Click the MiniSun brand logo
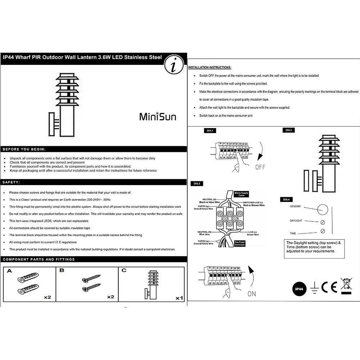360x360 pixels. point(158,116)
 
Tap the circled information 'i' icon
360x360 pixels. point(174,66)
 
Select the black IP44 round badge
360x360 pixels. point(299,289)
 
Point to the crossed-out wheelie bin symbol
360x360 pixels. point(346,285)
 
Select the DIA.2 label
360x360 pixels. point(288,130)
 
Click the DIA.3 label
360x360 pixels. point(197,184)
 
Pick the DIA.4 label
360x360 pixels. point(286,199)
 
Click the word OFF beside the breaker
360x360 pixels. point(260,167)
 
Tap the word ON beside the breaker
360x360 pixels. point(252,294)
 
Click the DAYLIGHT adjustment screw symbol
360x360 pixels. point(323,222)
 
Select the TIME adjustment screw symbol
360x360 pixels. point(323,231)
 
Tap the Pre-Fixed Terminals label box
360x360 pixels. point(240,243)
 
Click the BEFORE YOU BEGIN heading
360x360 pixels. point(24,149)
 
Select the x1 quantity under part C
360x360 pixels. point(180,298)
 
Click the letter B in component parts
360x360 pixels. point(61,270)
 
